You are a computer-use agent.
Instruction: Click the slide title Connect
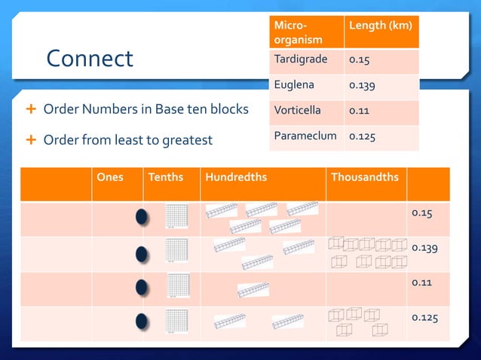pyautogui.click(x=89, y=59)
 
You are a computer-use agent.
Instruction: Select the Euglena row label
pyautogui.click(x=294, y=85)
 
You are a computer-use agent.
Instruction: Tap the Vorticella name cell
pyautogui.click(x=297, y=110)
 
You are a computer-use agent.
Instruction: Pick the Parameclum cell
pyautogui.click(x=304, y=136)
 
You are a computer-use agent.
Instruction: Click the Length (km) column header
pyautogui.click(x=380, y=26)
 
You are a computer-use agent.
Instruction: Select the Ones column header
pyautogui.click(x=110, y=178)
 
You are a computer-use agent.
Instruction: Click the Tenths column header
pyautogui.click(x=165, y=178)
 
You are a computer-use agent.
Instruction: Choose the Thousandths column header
pyautogui.click(x=365, y=178)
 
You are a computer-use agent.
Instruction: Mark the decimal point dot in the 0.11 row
pyautogui.click(x=141, y=288)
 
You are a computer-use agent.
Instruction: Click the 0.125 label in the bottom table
pyautogui.click(x=424, y=316)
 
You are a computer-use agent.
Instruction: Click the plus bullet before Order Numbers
pyautogui.click(x=31, y=110)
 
